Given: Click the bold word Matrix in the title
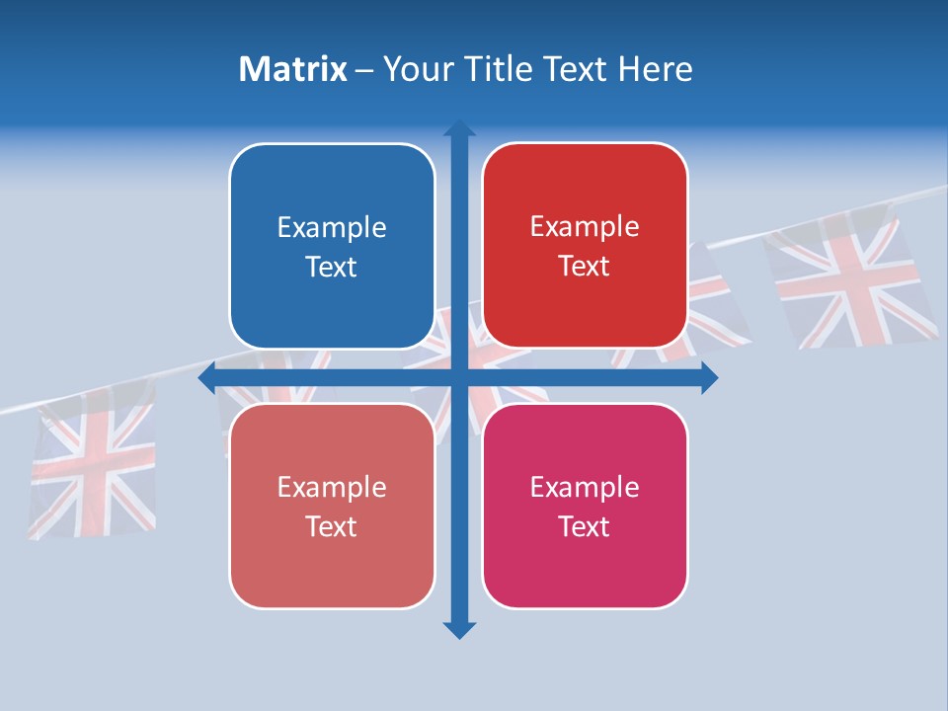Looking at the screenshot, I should pos(292,69).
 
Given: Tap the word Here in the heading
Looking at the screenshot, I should pos(656,69).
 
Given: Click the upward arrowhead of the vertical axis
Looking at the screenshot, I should pos(459,128).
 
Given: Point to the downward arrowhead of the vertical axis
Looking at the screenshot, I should pos(459,630).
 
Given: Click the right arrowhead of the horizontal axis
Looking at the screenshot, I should pos(709,378).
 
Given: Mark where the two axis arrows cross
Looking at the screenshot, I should pos(459,378).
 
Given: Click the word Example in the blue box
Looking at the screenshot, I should pos(332,228).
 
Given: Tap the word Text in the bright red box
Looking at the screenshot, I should pos(585,267).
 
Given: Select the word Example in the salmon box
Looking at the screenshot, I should pos(332,488).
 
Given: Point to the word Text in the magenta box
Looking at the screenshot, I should pos(585,526).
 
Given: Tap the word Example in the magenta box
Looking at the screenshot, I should pos(585,488).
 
